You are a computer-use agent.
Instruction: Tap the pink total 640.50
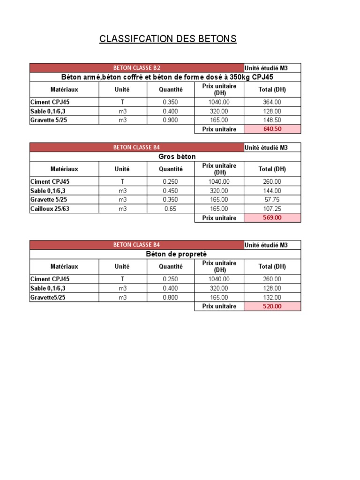click(272, 129)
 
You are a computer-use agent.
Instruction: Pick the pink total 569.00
click(272, 218)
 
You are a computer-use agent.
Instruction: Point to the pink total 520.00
click(272, 307)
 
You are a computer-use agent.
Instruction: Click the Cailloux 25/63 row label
click(50, 209)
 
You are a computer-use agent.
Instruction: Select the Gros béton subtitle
click(177, 157)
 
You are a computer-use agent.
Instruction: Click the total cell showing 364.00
click(272, 102)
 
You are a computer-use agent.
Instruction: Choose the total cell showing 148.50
click(272, 120)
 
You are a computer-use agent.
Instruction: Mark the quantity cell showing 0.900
click(170, 120)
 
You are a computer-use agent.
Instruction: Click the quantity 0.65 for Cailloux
click(170, 209)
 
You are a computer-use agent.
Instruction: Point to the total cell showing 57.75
click(272, 200)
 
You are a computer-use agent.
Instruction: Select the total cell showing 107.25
click(272, 209)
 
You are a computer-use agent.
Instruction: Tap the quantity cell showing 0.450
click(170, 191)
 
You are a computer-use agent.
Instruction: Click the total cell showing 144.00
click(272, 191)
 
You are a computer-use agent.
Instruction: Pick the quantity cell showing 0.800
click(170, 297)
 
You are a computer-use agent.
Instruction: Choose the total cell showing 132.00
click(272, 297)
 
